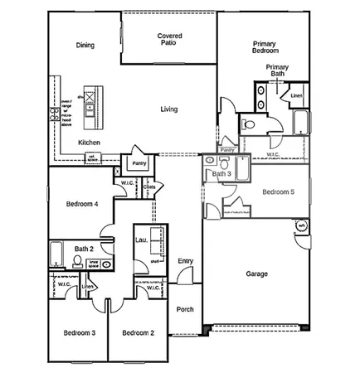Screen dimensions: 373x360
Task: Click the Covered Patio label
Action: point(169,40)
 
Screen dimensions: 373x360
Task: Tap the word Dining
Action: point(85,46)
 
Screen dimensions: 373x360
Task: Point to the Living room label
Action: point(168,109)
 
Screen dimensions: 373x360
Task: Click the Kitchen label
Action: point(90,143)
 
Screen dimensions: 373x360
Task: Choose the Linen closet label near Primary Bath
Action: point(297,96)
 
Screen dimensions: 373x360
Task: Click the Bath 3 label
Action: point(221,174)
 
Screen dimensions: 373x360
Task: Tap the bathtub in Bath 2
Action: point(56,250)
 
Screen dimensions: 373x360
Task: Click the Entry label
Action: point(185,261)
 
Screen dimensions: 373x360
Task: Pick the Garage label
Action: point(256,274)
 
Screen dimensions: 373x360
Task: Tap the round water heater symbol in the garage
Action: point(301,225)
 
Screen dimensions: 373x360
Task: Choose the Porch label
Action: point(185,309)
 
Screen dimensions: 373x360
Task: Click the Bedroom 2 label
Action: point(139,333)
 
